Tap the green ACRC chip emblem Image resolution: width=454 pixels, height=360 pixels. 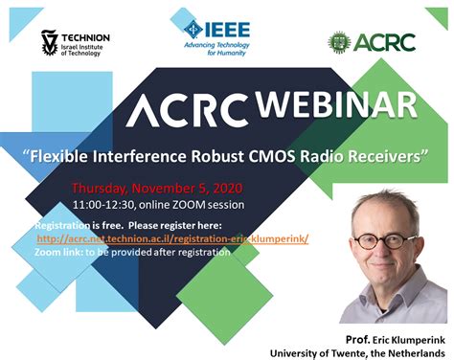click(x=339, y=41)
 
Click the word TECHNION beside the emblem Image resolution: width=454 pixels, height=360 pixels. click(x=88, y=38)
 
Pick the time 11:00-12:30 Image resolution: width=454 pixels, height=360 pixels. click(x=103, y=205)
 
